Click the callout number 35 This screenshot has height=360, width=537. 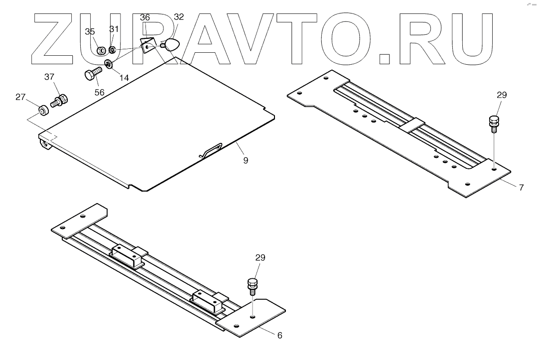point(90,32)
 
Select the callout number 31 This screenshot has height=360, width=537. point(114,29)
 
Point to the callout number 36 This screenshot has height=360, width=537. point(144,17)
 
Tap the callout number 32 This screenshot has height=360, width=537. point(178,16)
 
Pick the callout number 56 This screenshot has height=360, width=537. point(99,93)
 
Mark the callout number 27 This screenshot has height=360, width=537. point(20,97)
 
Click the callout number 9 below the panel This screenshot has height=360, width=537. point(246,160)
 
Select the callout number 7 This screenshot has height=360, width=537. point(521,188)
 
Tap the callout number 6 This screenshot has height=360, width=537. point(279,336)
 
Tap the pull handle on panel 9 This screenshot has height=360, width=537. point(212,149)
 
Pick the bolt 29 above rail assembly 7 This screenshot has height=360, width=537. point(494,123)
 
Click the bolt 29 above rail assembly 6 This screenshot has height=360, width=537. point(253,286)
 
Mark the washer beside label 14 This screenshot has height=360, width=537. point(109,64)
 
